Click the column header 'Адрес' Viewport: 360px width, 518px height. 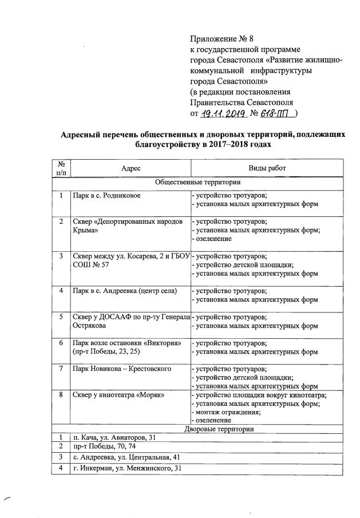click(130, 168)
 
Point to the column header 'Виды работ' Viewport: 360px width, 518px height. click(266, 168)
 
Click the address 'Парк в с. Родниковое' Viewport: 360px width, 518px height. click(107, 196)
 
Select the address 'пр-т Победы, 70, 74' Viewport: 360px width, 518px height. click(101, 446)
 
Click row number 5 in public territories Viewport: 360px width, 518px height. click(61, 317)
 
